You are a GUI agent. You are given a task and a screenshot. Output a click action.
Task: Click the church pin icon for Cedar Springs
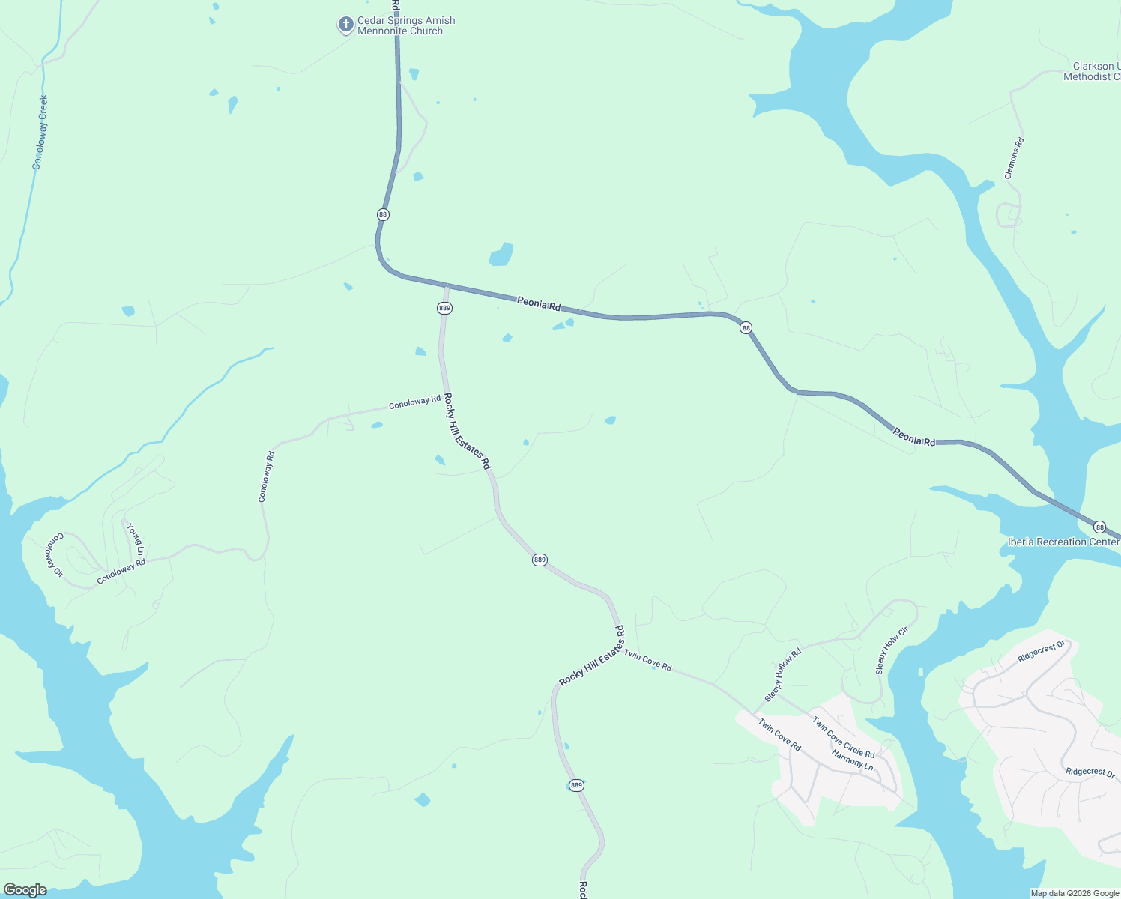(345, 25)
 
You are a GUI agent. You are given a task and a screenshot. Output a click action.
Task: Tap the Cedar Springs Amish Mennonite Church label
(405, 26)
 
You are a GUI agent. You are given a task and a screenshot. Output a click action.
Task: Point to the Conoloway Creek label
(40, 132)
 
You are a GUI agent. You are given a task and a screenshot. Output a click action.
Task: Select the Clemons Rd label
(1013, 158)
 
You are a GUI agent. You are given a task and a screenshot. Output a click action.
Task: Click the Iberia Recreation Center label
(1063, 542)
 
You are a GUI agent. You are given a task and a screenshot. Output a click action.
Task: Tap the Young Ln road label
(136, 539)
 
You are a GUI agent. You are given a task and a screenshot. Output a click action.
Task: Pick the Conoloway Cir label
(56, 555)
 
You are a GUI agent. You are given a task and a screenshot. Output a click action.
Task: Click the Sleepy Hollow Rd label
(782, 675)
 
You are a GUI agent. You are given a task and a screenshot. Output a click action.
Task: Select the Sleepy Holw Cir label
(892, 650)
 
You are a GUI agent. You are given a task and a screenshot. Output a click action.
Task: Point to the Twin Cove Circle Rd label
(844, 737)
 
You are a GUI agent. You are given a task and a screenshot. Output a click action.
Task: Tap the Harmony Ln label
(852, 761)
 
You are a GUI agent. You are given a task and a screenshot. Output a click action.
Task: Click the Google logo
(25, 890)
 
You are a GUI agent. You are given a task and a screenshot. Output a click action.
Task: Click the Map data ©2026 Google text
(1075, 893)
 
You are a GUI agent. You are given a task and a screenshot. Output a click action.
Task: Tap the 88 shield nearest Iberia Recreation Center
(1099, 527)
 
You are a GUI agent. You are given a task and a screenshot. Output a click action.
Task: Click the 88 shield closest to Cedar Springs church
(383, 214)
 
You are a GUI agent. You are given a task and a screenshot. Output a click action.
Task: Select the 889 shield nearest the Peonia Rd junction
(444, 308)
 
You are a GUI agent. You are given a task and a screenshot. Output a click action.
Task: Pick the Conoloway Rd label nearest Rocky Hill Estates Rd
(414, 402)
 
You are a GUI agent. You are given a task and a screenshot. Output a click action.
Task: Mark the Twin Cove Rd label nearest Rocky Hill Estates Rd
(647, 661)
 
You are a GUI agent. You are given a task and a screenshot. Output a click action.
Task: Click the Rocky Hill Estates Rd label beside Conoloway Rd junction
(466, 432)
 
